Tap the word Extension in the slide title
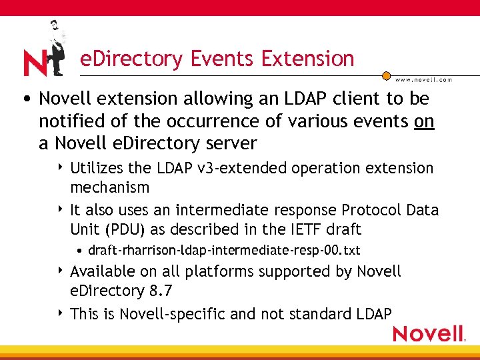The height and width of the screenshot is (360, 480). [x=308, y=59]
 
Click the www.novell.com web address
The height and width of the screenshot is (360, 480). [x=424, y=79]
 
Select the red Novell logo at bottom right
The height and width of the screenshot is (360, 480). [x=429, y=333]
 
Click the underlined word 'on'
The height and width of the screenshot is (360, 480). [x=424, y=121]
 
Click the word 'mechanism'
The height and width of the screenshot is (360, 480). [x=109, y=187]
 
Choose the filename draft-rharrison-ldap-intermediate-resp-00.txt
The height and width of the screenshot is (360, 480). [x=224, y=250]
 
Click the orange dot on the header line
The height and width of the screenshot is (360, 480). [x=386, y=77]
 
